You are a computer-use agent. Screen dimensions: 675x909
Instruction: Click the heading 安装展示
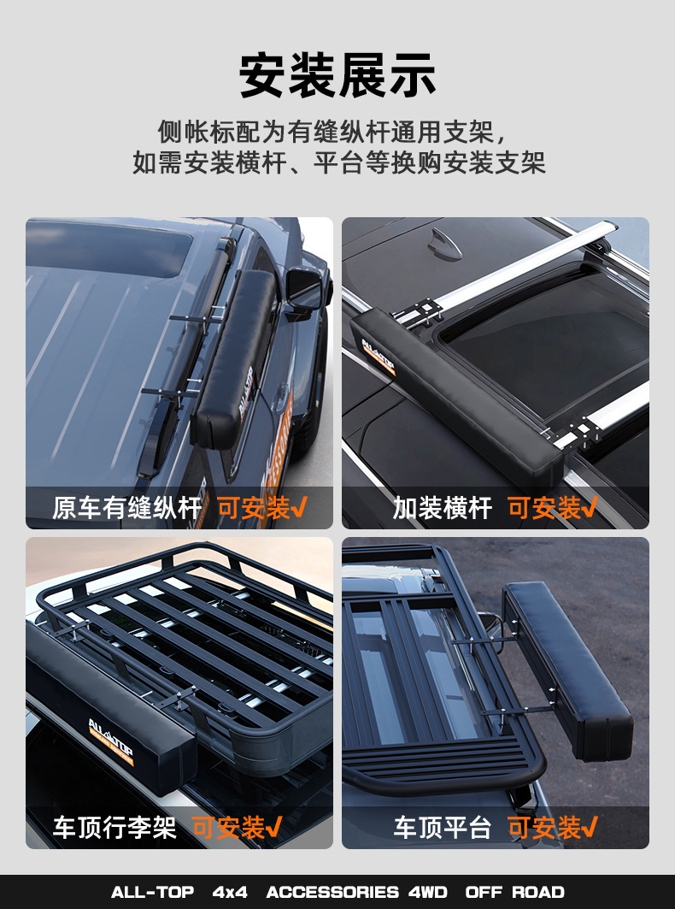[337, 75]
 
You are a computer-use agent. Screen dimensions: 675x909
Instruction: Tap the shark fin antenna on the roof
[444, 243]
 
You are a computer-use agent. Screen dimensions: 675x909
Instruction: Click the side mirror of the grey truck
[305, 291]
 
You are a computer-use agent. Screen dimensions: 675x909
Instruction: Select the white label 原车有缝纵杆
[127, 509]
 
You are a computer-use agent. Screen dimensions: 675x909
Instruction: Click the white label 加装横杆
[443, 509]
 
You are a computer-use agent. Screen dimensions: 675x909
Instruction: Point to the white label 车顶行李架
[114, 828]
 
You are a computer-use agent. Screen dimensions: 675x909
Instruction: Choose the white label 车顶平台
[443, 828]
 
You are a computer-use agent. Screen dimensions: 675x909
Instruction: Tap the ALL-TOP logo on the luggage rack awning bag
[111, 741]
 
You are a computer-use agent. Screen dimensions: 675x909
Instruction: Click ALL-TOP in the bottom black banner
[152, 892]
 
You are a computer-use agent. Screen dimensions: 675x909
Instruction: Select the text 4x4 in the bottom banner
[230, 892]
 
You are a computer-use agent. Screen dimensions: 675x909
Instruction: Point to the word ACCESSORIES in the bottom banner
[332, 892]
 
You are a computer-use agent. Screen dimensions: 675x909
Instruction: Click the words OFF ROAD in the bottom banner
[514, 892]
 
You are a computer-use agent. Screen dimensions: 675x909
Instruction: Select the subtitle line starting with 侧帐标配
[333, 133]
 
